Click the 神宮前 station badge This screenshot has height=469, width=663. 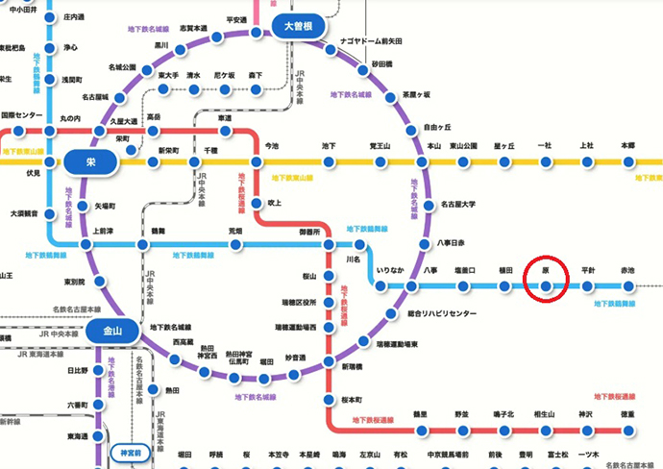point(130,452)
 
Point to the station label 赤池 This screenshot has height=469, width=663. point(627,271)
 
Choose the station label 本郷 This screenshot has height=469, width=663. point(627,145)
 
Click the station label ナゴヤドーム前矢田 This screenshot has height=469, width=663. point(369,41)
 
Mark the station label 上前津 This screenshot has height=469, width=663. point(102,232)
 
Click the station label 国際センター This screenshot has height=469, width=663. point(21,115)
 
